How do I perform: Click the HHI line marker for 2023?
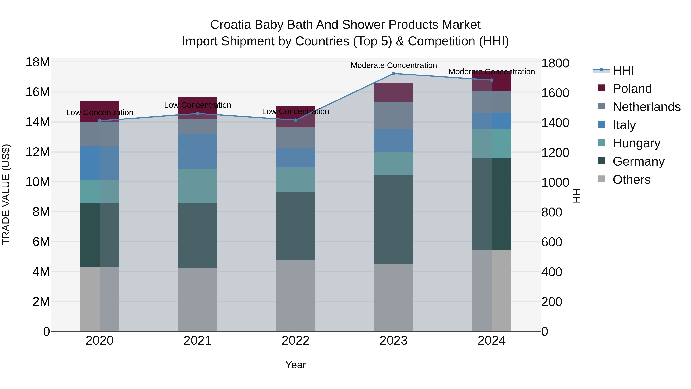pyautogui.click(x=393, y=73)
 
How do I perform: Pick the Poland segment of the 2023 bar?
pyautogui.click(x=393, y=92)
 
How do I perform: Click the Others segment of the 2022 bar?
pyautogui.click(x=296, y=295)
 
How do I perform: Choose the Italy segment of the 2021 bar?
pyautogui.click(x=198, y=151)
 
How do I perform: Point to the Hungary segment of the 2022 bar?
pyautogui.click(x=296, y=180)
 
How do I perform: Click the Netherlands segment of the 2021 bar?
pyautogui.click(x=198, y=126)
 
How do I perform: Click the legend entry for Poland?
pyautogui.click(x=632, y=89)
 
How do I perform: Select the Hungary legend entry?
pyautogui.click(x=636, y=143)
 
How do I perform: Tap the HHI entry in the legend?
pyautogui.click(x=623, y=70)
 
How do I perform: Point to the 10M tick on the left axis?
pyautogui.click(x=38, y=182)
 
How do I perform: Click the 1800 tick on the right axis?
pyautogui.click(x=555, y=63)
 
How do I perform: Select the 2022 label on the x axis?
pyautogui.click(x=296, y=341)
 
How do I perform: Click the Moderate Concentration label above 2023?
pyautogui.click(x=393, y=65)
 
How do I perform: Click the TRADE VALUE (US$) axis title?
pyautogui.click(x=6, y=194)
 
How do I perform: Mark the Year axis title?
pyautogui.click(x=296, y=365)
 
